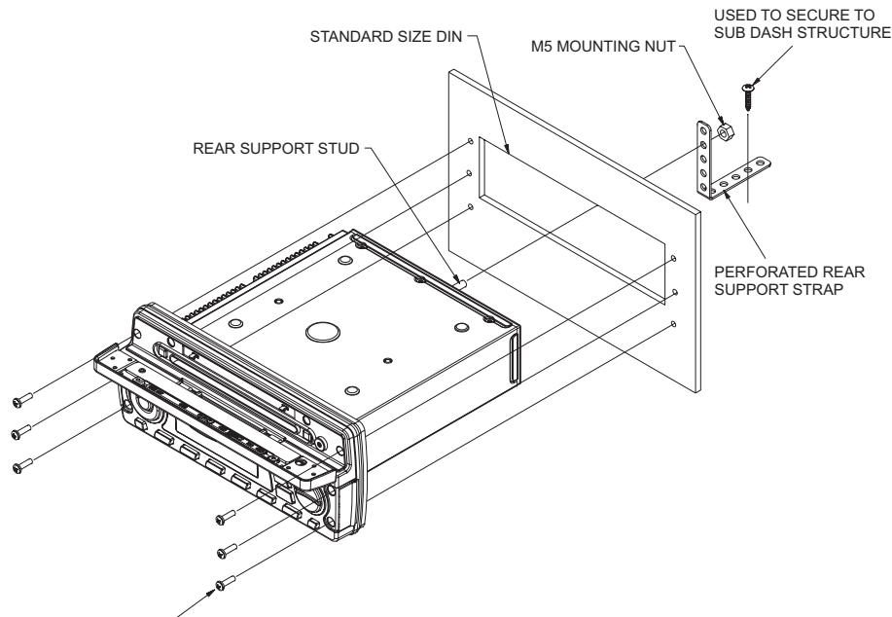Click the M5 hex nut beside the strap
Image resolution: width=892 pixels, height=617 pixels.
[723, 131]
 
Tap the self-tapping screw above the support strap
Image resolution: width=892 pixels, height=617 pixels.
[747, 92]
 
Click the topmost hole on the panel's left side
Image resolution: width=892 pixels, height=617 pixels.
[471, 142]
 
